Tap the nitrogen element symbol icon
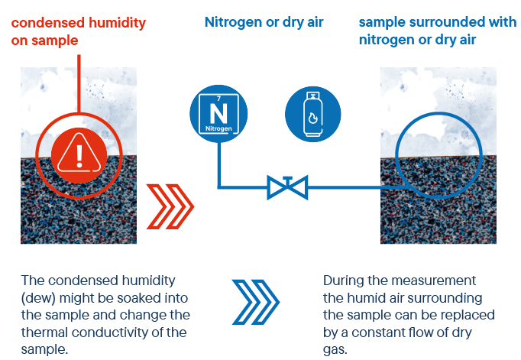(x=218, y=114)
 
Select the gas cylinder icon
(x=313, y=114)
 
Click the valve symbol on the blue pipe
(x=287, y=187)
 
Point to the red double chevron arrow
(x=170, y=206)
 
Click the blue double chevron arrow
(x=256, y=302)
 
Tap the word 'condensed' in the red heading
(x=48, y=23)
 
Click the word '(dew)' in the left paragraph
(x=38, y=298)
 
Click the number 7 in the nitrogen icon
(x=218, y=99)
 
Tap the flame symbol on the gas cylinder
(x=313, y=118)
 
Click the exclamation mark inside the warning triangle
(x=79, y=156)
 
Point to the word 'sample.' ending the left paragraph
(x=44, y=350)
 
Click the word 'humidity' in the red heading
(x=118, y=23)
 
